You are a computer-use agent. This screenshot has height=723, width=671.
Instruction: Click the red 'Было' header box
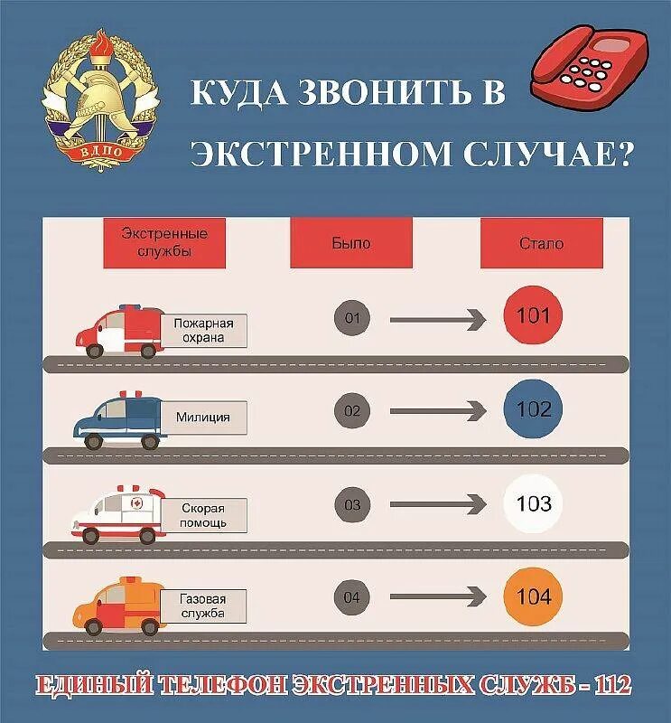(350, 243)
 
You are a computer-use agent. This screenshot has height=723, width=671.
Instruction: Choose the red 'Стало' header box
(541, 243)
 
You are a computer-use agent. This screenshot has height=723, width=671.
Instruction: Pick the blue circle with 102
(533, 410)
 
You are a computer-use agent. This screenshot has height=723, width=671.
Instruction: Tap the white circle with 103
(533, 503)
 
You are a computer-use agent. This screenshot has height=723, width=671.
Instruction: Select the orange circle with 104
(533, 596)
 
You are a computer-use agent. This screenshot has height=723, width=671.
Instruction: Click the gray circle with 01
(352, 318)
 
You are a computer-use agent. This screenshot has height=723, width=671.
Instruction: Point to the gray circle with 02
(352, 411)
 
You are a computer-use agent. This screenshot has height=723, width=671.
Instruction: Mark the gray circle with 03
(352, 504)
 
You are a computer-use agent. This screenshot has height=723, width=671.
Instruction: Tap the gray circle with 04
(352, 597)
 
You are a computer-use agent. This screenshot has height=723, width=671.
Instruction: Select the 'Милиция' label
(203, 418)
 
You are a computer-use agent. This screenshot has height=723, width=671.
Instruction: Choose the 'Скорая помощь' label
(201, 516)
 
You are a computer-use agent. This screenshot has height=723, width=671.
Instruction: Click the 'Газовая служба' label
(201, 606)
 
